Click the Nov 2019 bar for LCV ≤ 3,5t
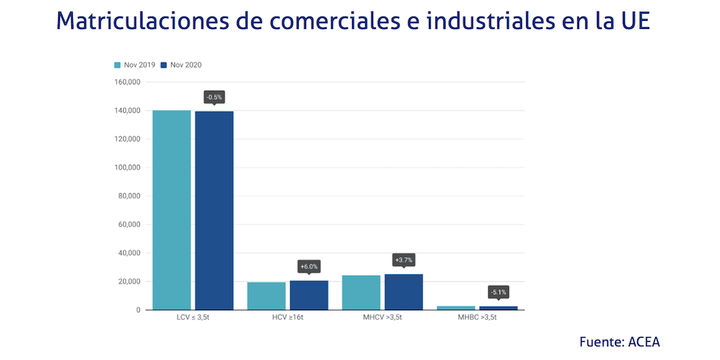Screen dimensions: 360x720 tap(171, 210)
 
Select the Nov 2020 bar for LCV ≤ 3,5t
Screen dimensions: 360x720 tap(214, 210)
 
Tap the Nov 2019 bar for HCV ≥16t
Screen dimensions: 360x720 tap(266, 296)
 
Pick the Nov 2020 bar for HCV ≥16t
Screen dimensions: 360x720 tap(309, 295)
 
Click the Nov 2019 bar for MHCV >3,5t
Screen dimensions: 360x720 tap(361, 292)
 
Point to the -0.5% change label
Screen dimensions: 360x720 tap(214, 96)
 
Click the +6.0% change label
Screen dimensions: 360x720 tap(309, 266)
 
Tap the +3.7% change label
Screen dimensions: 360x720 tap(404, 259)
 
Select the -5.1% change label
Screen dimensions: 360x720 tap(498, 292)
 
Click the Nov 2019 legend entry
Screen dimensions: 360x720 tap(135, 65)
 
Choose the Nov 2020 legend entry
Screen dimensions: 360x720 tap(181, 65)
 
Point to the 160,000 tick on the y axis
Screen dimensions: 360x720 tap(127, 82)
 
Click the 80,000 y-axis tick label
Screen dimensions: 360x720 tap(129, 196)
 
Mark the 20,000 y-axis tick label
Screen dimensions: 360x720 tap(129, 282)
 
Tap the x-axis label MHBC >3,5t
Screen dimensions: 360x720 tap(477, 318)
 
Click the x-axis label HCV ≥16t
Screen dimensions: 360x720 tap(287, 318)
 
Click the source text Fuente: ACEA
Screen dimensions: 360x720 tap(619, 341)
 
